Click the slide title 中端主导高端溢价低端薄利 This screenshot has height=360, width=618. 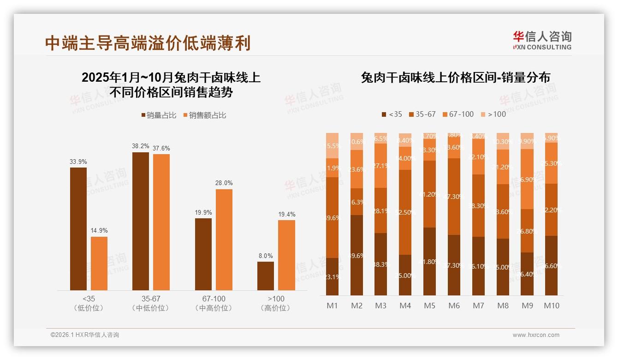tap(148, 43)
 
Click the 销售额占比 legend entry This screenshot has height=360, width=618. tap(205, 115)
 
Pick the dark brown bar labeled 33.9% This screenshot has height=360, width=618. tap(78, 228)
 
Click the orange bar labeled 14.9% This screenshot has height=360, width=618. tap(99, 263)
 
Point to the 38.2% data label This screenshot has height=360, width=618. tap(141, 146)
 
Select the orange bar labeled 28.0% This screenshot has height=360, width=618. tap(224, 239)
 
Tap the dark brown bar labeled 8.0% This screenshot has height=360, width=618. tap(266, 276)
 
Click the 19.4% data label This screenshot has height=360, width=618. tap(287, 215)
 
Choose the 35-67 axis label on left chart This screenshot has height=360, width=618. tap(151, 299)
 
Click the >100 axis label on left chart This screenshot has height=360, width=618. tap(276, 299)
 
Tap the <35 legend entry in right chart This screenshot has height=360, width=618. tap(392, 114)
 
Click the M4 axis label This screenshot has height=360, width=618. tap(405, 306)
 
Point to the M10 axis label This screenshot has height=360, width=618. tap(551, 306)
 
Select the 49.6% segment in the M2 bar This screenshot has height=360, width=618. tap(357, 255)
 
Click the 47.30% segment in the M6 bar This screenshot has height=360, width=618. tap(454, 197)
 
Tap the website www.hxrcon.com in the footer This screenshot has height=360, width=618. tap(536, 335)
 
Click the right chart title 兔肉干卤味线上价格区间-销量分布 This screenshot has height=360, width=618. tap(455, 78)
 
